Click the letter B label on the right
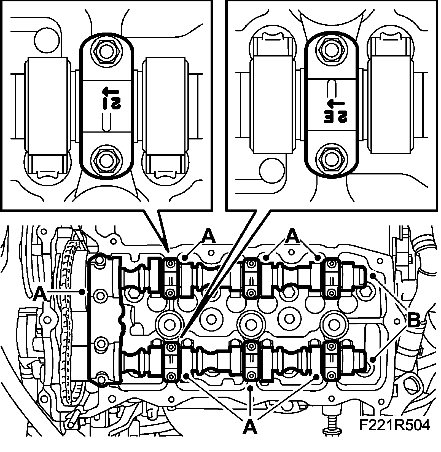[414, 321]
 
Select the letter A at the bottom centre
[250, 427]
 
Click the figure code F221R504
[394, 425]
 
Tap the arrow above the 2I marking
[109, 91]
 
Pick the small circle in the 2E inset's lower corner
[271, 170]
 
